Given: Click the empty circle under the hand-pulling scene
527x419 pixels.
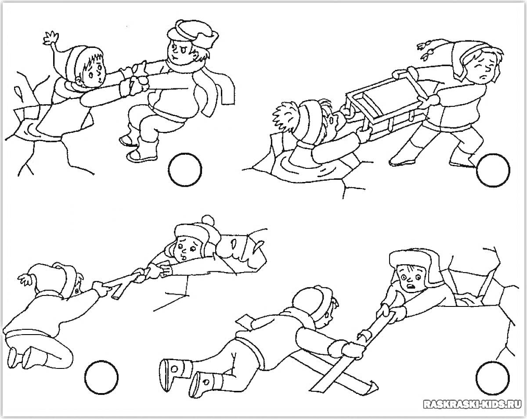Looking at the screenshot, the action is [185, 170].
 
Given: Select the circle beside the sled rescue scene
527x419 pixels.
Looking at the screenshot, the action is [493, 170].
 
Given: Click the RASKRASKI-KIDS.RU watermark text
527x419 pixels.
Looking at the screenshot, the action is [473, 404].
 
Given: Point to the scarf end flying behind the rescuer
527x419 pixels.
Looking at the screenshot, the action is [225, 90].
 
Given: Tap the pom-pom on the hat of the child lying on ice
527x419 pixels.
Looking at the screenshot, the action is [208, 221].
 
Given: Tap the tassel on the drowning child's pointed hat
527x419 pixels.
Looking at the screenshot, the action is [51, 38].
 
